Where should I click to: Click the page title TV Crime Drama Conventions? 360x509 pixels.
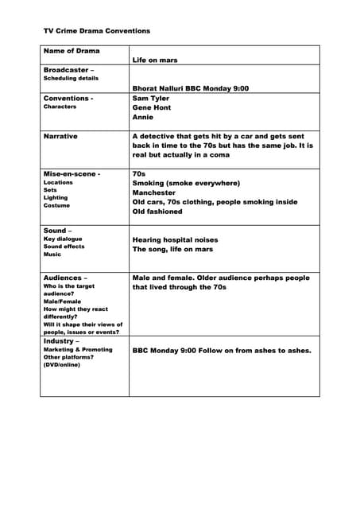tap(96, 31)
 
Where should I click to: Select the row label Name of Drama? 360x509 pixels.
tap(72, 51)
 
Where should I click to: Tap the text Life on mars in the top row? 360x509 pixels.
tap(157, 60)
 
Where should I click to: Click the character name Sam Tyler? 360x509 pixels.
tap(152, 99)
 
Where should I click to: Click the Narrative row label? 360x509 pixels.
tap(60, 136)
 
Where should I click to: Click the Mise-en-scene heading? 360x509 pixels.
tap(72, 173)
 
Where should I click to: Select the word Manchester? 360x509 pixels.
tap(154, 192)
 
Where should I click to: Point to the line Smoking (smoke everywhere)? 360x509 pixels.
tap(186, 183)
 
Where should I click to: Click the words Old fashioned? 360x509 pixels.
tap(157, 212)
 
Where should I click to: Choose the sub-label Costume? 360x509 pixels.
tap(56, 205)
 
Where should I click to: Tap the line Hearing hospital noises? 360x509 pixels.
tap(175, 239)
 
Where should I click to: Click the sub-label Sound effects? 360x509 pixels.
tap(64, 247)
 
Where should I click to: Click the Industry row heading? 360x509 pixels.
tap(63, 340)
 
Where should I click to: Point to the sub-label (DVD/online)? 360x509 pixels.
tap(61, 364)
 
